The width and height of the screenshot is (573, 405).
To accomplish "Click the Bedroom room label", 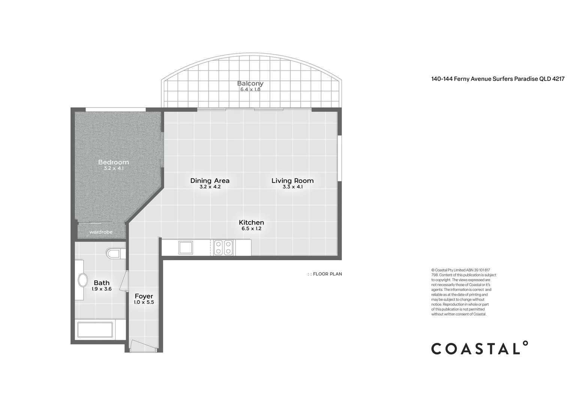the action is [114, 162].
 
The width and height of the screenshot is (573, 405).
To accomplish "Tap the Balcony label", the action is [250, 83].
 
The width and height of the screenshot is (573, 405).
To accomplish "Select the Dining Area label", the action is [210, 181].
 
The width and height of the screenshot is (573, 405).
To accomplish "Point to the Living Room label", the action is [292, 181].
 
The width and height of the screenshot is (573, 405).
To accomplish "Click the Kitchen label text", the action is [252, 222].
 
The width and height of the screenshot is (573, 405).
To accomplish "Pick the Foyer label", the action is [144, 296].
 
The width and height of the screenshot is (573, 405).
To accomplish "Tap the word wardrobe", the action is [101, 232].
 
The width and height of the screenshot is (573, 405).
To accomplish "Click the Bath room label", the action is [102, 283].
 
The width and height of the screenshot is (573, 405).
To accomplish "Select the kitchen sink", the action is [186, 247].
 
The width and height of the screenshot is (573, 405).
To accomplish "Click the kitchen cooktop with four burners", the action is [223, 247].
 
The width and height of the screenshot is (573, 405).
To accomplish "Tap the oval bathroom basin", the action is [82, 280].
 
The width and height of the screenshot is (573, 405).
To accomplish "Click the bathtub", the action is [95, 330].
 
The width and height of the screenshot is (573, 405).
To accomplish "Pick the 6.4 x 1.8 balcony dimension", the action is [250, 90].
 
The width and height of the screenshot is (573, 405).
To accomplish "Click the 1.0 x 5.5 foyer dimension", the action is [144, 302].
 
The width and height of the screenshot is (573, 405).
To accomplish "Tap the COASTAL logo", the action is [479, 348].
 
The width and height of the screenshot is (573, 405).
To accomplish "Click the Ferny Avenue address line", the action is [498, 79].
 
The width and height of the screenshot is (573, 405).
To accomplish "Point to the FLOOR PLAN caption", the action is [325, 274].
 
